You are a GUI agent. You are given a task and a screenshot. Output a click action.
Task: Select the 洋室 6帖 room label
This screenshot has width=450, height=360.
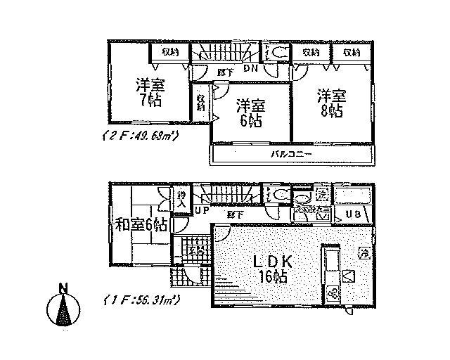tap(250, 112)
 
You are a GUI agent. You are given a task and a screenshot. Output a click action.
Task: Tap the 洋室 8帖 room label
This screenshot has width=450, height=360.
tap(329, 103)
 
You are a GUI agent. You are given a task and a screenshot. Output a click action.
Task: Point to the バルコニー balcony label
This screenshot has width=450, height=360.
tap(286, 153)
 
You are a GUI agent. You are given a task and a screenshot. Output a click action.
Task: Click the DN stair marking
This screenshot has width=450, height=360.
tap(250, 68)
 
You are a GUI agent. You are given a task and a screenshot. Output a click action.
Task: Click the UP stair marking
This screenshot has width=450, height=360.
tap(202, 210)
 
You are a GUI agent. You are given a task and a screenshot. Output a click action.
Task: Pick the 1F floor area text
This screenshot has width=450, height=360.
tap(141, 300)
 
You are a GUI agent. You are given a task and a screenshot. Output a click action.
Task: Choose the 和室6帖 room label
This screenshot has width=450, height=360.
tap(141, 226)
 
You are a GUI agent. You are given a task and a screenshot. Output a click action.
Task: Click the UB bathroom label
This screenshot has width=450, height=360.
tap(349, 214)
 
